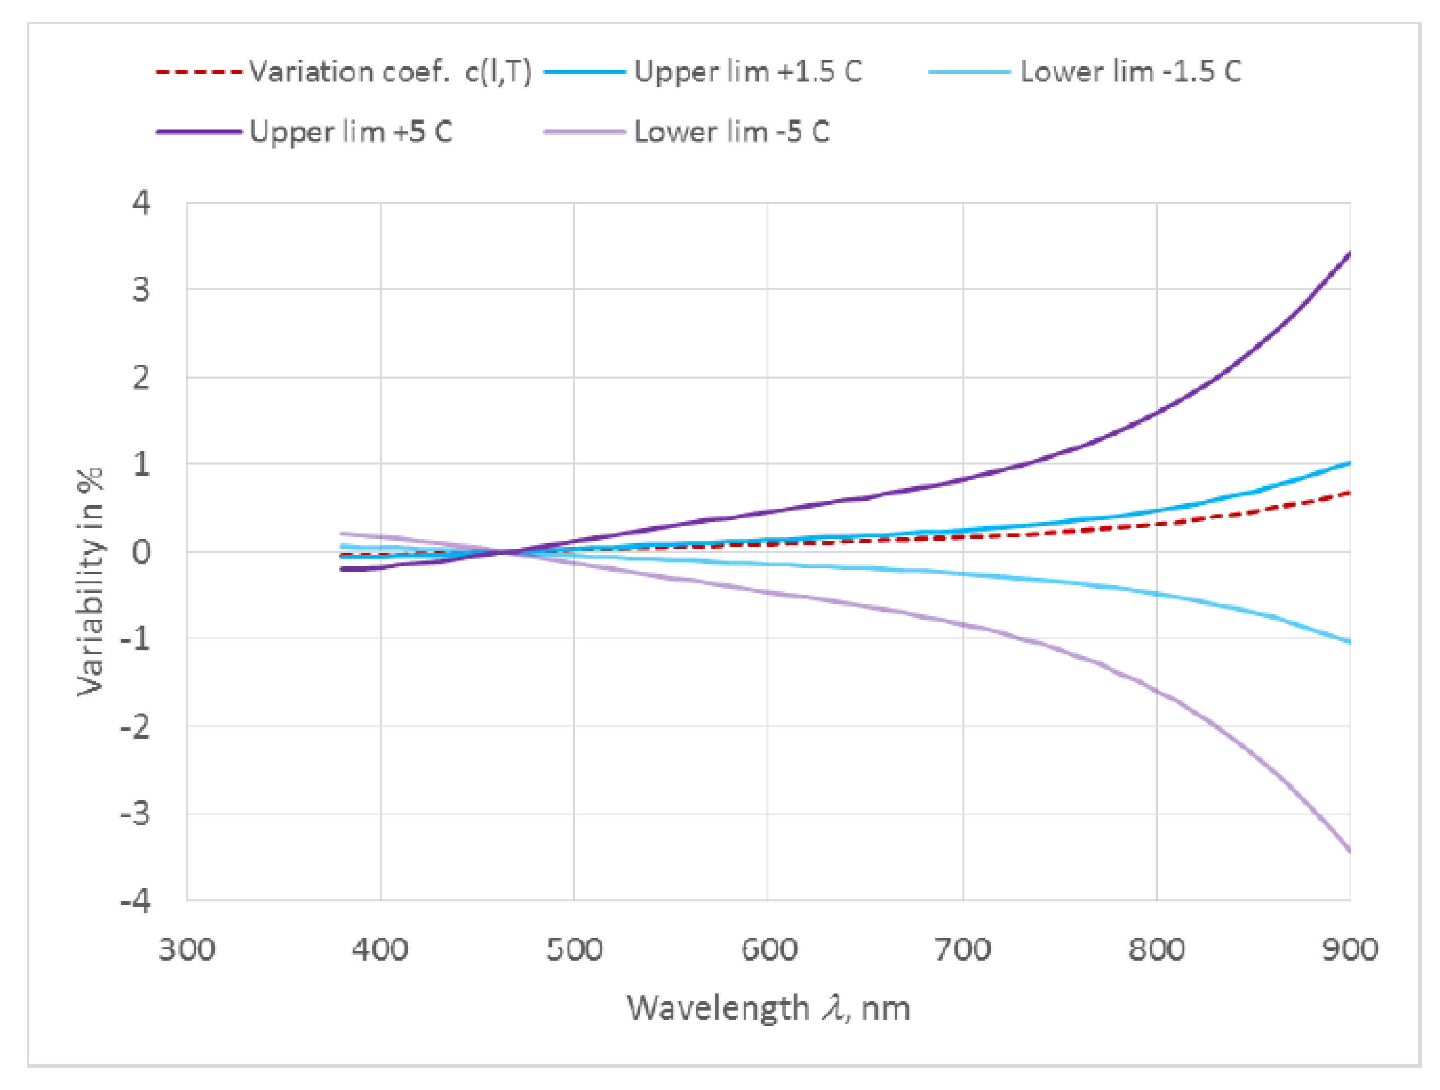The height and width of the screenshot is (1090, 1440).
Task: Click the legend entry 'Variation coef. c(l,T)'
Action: pyautogui.click(x=389, y=72)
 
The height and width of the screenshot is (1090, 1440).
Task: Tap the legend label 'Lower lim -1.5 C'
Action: pyautogui.click(x=1130, y=72)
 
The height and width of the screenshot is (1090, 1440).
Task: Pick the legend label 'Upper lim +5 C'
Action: pyautogui.click(x=350, y=132)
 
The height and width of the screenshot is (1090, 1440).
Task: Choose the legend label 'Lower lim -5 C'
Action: pyautogui.click(x=732, y=132)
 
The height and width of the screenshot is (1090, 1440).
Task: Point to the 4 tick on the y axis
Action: pyautogui.click(x=141, y=203)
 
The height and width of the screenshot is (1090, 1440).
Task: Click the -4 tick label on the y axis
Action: pyautogui.click(x=136, y=901)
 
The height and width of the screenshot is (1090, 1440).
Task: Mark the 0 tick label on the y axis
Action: pyautogui.click(x=141, y=552)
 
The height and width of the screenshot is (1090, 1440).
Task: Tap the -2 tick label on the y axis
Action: pyautogui.click(x=136, y=726)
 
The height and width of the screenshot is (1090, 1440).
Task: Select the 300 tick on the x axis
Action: pyautogui.click(x=187, y=950)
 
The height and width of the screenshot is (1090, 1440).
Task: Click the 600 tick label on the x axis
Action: pyautogui.click(x=769, y=950)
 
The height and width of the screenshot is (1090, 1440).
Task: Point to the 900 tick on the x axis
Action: pyautogui.click(x=1350, y=950)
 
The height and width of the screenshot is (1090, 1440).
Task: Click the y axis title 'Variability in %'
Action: pyautogui.click(x=90, y=581)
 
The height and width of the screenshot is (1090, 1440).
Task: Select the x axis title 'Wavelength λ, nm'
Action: pyautogui.click(x=768, y=1009)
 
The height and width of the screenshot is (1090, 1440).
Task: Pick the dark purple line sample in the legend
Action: pyautogui.click(x=199, y=132)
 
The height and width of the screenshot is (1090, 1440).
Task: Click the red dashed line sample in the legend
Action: pyautogui.click(x=199, y=72)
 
